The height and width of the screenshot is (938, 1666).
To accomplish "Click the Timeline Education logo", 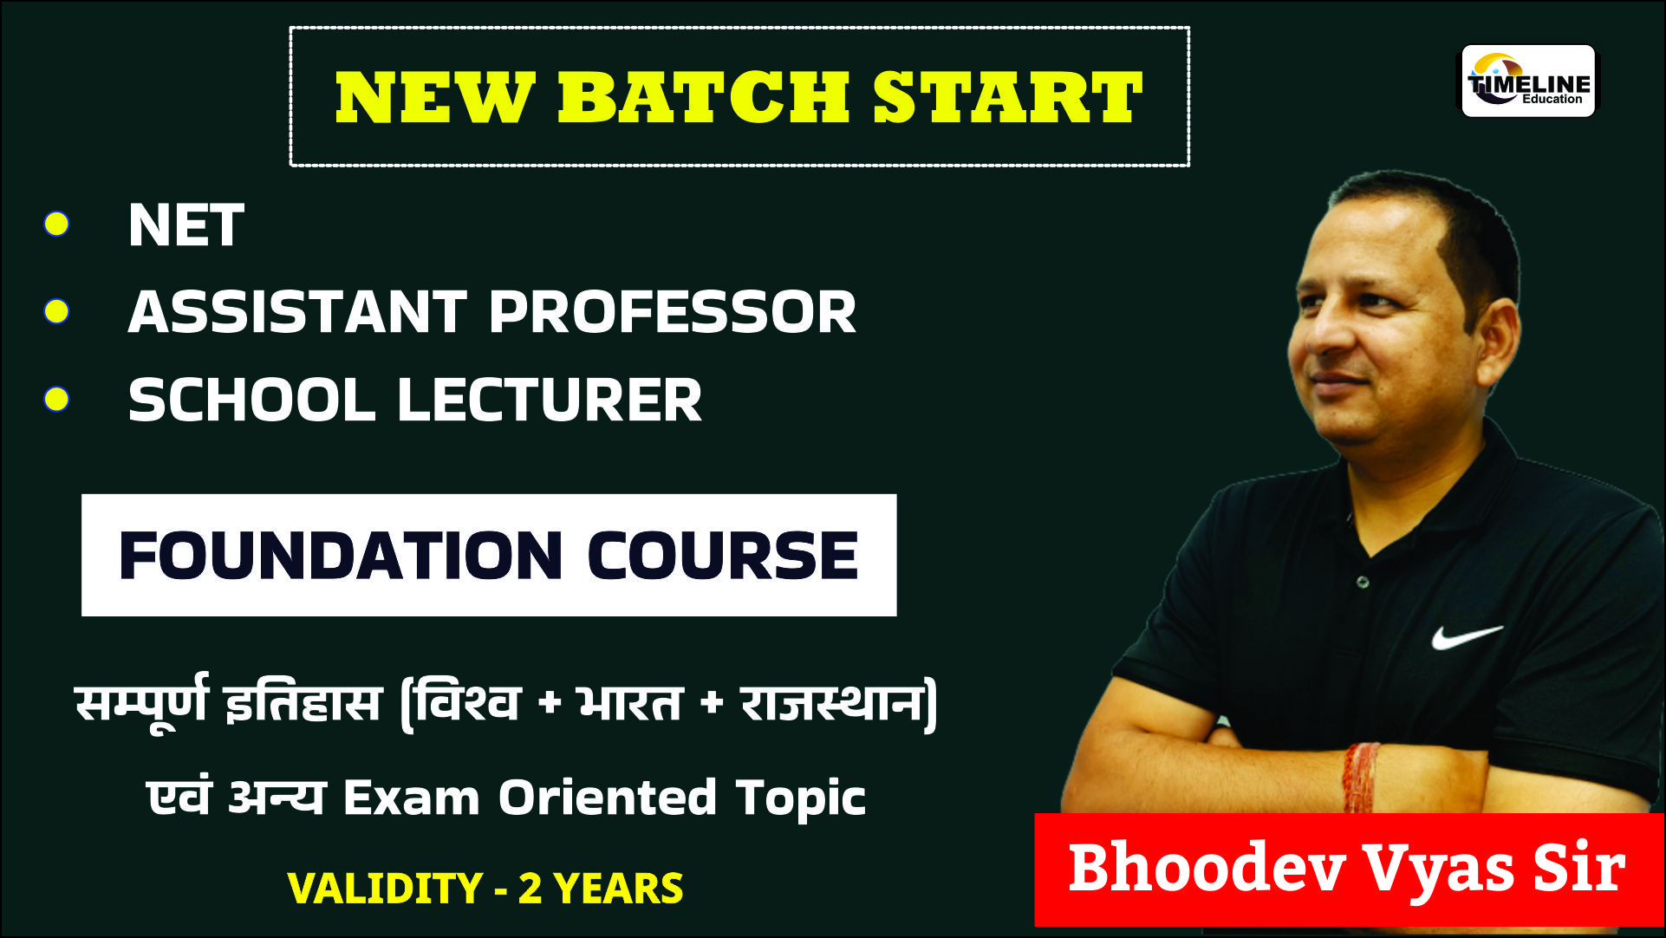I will click(1528, 81).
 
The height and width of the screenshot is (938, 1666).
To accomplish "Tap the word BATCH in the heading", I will click(703, 96).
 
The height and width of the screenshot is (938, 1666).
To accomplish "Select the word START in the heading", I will click(1007, 96).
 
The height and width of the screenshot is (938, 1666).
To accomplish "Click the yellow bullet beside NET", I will click(57, 224).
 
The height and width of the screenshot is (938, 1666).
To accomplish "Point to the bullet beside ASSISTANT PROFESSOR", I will click(57, 311).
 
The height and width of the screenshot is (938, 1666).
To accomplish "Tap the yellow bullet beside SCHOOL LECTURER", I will click(57, 399).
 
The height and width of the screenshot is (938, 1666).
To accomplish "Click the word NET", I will click(185, 226).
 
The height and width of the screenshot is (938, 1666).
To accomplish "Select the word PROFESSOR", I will click(673, 312).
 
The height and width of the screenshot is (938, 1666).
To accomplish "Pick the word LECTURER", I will click(549, 401).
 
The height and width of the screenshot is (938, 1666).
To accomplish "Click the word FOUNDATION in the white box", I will click(341, 556).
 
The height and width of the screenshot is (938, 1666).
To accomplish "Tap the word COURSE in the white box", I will click(722, 556).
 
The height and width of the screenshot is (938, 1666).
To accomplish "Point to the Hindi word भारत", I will click(630, 702).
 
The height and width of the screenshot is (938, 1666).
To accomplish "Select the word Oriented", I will click(607, 798).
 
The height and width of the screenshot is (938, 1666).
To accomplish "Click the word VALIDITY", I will click(384, 889).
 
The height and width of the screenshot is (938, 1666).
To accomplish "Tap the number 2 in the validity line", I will click(530, 889).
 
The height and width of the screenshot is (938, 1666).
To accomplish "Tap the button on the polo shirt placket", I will click(1363, 582).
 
